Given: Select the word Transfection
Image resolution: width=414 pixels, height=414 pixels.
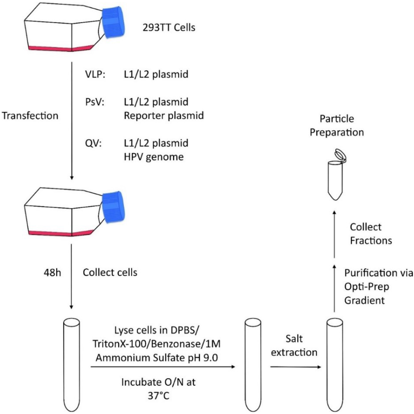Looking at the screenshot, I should [30, 116].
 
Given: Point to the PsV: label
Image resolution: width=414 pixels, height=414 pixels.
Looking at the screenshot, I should [94, 102].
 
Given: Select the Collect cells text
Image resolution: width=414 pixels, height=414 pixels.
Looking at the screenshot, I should [110, 272].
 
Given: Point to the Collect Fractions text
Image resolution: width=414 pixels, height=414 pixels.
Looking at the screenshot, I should [371, 233].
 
